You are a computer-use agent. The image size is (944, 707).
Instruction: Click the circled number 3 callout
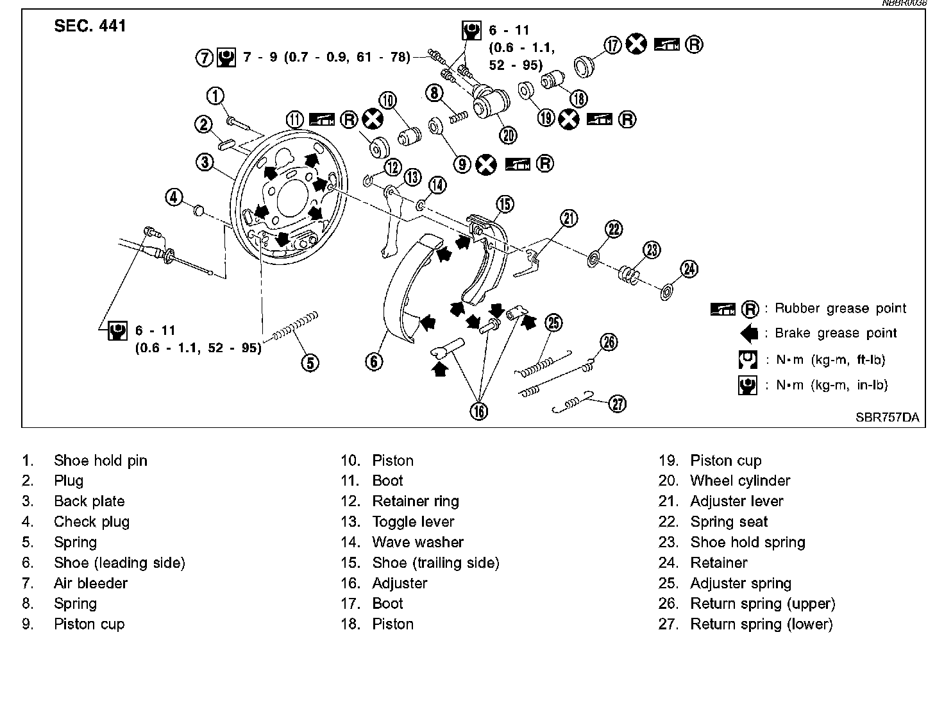pyautogui.click(x=205, y=162)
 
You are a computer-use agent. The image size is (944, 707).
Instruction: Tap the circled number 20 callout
pyautogui.click(x=509, y=134)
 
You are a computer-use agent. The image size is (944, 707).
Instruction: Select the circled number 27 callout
pyautogui.click(x=617, y=404)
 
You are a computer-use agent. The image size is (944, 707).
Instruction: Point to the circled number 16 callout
pyautogui.click(x=479, y=411)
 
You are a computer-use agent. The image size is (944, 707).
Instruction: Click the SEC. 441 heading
pyautogui.click(x=90, y=26)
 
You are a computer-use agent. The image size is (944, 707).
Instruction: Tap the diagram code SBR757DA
pyautogui.click(x=887, y=417)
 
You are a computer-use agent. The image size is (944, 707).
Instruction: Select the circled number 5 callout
pyautogui.click(x=310, y=362)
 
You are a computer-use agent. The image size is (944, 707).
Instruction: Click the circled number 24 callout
pyautogui.click(x=689, y=269)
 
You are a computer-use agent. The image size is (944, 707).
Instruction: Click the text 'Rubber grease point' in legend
pyautogui.click(x=840, y=309)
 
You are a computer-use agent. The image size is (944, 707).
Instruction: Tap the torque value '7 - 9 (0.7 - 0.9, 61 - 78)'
pyautogui.click(x=326, y=57)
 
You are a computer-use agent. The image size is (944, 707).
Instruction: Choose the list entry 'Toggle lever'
pyautogui.click(x=413, y=522)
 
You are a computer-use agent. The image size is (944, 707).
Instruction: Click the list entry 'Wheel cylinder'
pyautogui.click(x=740, y=481)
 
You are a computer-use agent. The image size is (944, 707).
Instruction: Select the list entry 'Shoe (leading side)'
pyautogui.click(x=119, y=563)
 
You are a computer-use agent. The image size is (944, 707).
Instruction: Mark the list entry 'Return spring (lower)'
pyautogui.click(x=761, y=624)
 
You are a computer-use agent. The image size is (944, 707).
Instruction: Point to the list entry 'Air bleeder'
pyautogui.click(x=90, y=583)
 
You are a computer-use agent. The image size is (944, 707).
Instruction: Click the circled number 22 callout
pyautogui.click(x=614, y=229)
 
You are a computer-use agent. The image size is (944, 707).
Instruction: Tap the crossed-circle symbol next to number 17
pyautogui.click(x=636, y=45)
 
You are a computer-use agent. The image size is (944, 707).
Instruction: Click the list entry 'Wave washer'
pyautogui.click(x=417, y=542)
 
